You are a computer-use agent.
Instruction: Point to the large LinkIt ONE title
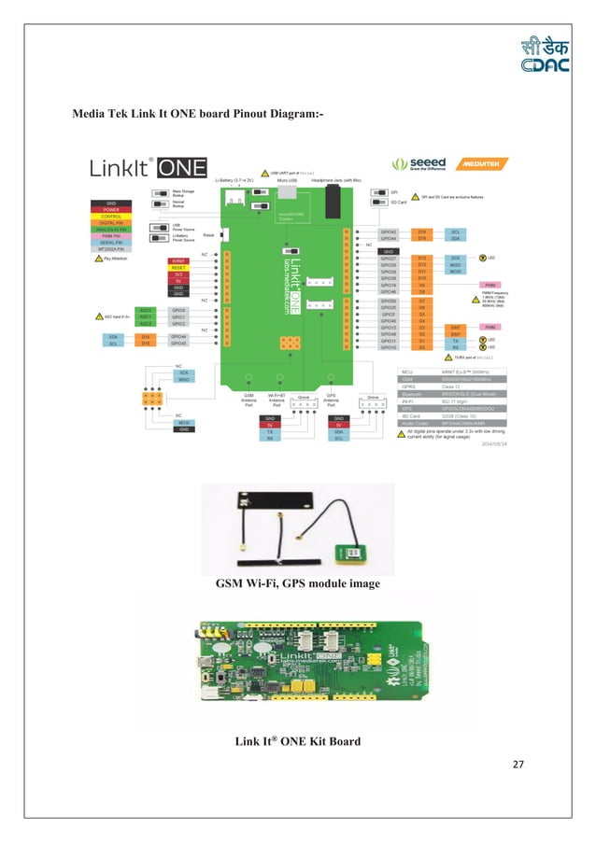coord(140,169)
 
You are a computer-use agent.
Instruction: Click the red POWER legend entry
coord(110,210)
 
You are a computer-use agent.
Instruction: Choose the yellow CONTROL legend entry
coord(110,217)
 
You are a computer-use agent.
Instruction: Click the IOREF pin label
coord(178,260)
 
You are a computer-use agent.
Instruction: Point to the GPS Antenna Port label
coord(333,400)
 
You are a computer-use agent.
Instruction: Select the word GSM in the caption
coord(232,584)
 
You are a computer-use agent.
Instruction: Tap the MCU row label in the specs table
coord(407,371)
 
